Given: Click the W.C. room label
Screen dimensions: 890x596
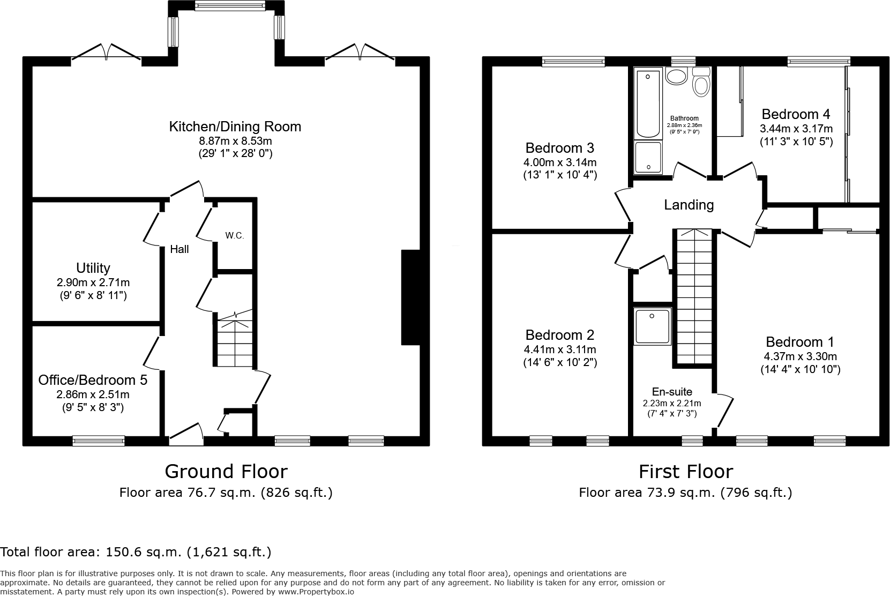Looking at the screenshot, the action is [234, 236].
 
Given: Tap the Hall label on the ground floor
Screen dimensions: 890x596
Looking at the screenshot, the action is [179, 249].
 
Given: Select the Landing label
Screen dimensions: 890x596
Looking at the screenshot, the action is [689, 205].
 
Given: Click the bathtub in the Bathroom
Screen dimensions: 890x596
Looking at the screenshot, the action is [648, 103].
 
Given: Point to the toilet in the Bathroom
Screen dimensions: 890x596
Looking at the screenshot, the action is [701, 82].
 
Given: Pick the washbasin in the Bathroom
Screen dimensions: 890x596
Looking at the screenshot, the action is [676, 76].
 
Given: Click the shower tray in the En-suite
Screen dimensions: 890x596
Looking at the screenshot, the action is [653, 326].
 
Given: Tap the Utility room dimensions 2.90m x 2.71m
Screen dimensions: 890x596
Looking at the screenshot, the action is [93, 282].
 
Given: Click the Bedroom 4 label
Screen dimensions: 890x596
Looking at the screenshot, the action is [796, 115].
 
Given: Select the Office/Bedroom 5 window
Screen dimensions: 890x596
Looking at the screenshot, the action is [99, 441].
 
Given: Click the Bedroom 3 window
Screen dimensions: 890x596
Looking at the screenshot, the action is [573, 62].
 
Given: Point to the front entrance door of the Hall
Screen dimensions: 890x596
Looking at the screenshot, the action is [186, 434].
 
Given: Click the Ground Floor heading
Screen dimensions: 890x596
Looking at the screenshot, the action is [226, 472].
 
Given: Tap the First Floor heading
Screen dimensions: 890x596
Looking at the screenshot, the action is [686, 472].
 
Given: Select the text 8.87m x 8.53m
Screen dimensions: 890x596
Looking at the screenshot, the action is [236, 141].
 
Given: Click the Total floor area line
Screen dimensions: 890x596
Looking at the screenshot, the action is [136, 552].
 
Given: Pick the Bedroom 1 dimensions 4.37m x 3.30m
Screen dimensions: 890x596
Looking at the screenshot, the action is [800, 357].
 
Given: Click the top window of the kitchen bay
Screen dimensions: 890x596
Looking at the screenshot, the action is [230, 5].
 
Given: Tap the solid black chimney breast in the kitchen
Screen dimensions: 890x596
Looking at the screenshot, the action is [411, 297].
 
